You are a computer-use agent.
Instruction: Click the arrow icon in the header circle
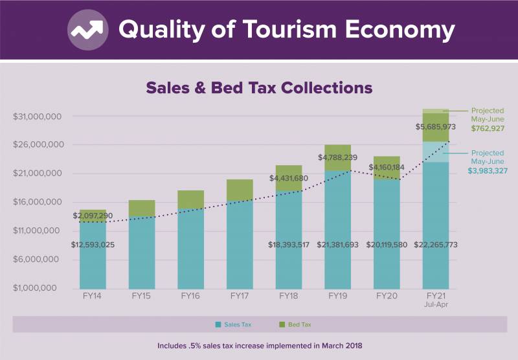tap(88, 30)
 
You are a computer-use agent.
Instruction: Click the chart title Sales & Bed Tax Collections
tap(259, 87)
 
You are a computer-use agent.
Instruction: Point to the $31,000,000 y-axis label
tap(37, 117)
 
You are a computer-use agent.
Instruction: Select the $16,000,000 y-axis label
tap(37, 202)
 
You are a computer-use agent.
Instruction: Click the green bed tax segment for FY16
tap(190, 199)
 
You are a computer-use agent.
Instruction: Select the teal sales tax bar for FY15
tap(141, 253)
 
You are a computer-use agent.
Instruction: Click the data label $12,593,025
tap(93, 245)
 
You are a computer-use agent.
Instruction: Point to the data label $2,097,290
tap(93, 215)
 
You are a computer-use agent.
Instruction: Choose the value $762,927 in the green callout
tap(487, 128)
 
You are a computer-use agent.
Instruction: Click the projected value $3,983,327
tap(486, 170)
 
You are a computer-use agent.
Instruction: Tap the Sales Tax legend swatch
tap(219, 324)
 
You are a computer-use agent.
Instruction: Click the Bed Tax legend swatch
tap(282, 324)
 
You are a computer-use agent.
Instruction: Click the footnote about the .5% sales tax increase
tap(259, 346)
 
